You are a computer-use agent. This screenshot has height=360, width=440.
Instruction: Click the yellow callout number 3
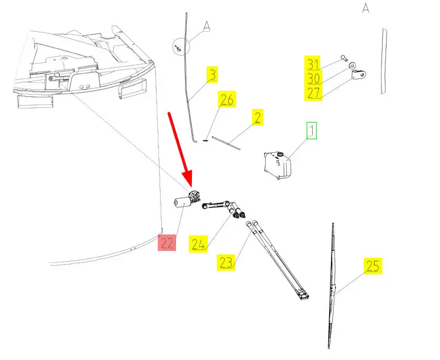[212, 74]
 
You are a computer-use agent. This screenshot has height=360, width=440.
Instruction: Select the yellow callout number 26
[227, 101]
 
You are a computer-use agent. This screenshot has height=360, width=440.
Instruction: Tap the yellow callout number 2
[257, 118]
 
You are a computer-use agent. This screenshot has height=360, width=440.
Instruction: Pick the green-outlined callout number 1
[312, 131]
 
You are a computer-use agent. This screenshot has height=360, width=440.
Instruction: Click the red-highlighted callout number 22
[167, 242]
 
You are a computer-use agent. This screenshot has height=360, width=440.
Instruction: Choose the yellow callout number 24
[198, 244]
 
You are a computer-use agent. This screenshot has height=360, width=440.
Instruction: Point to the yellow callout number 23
[225, 262]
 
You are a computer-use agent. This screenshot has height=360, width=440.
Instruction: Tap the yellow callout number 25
[372, 266]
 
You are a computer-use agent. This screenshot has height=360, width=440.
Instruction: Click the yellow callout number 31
[313, 64]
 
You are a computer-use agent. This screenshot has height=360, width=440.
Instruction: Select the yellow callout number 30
[313, 78]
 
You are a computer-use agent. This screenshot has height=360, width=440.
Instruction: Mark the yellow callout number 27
[313, 93]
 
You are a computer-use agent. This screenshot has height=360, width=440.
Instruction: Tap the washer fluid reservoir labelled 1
[278, 165]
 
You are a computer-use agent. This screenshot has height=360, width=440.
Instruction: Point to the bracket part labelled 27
[358, 75]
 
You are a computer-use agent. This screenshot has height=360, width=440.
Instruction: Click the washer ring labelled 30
[353, 66]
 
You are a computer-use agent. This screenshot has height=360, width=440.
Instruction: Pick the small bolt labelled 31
[344, 57]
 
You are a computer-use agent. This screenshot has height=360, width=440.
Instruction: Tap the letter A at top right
[366, 9]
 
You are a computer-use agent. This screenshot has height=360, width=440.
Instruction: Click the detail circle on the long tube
[179, 47]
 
